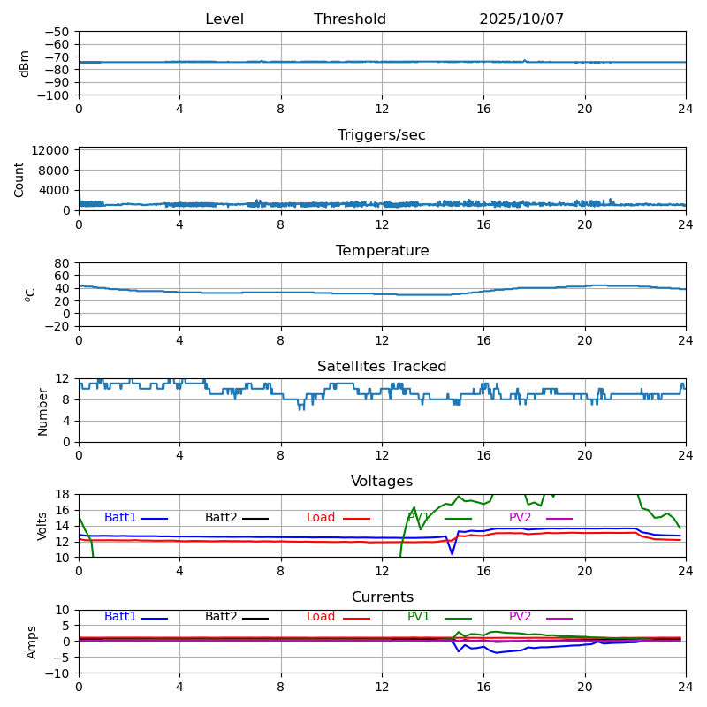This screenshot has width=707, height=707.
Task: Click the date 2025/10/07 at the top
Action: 521,19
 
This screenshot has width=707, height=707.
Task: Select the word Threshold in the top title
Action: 350,19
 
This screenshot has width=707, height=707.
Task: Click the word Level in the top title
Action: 224,19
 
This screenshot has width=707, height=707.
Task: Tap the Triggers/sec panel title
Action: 382,135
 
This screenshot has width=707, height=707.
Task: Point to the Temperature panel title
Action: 382,251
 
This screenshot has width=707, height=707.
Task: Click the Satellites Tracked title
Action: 382,367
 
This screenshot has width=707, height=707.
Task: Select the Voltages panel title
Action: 382,482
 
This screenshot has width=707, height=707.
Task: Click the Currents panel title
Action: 382,597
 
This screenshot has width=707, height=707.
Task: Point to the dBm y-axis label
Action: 25,64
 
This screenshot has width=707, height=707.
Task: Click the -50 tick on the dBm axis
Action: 60,32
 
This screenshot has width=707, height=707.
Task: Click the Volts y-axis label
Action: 42,526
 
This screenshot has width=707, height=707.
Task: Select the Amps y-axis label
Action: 32,642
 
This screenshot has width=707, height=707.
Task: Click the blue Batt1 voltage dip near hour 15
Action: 452,554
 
